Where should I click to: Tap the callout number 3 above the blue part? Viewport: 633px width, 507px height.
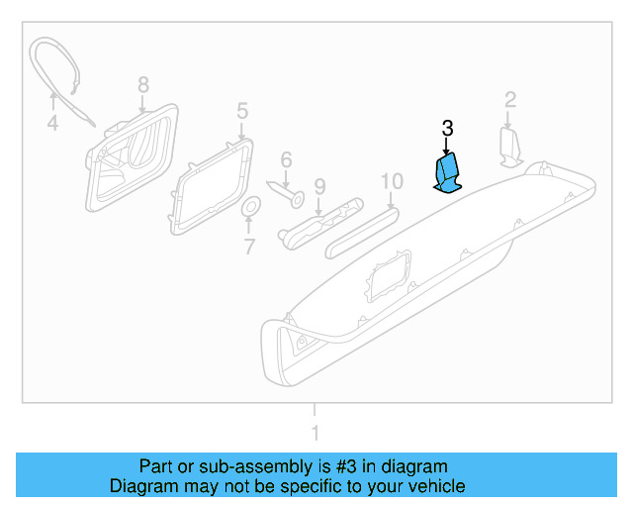click(447, 129)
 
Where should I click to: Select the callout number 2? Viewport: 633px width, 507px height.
click(510, 99)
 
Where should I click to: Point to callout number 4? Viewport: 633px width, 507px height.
click(52, 125)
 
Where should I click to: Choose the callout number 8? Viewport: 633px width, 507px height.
click(142, 84)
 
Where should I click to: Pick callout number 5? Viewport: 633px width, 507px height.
click(242, 109)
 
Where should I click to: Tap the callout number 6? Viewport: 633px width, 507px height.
click(286, 159)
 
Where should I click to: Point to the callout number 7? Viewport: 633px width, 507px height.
click(249, 247)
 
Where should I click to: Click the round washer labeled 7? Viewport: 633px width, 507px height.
click(250, 207)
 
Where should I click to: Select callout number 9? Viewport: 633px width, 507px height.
click(318, 185)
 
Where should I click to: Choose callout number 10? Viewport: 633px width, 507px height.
click(392, 180)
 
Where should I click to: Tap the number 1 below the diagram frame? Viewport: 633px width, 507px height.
click(316, 433)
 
